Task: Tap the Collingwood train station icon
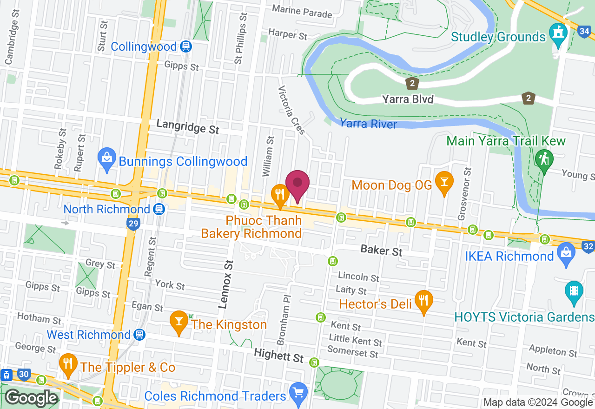tap(186, 46)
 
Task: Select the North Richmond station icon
tap(159, 209)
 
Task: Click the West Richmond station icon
tap(139, 335)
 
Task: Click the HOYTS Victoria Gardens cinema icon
tap(574, 292)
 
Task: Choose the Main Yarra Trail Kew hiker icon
tap(543, 160)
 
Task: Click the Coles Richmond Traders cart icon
tap(297, 393)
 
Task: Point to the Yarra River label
tap(369, 124)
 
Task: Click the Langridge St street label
tap(188, 125)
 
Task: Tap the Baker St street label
tap(381, 251)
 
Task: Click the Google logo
tap(31, 398)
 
